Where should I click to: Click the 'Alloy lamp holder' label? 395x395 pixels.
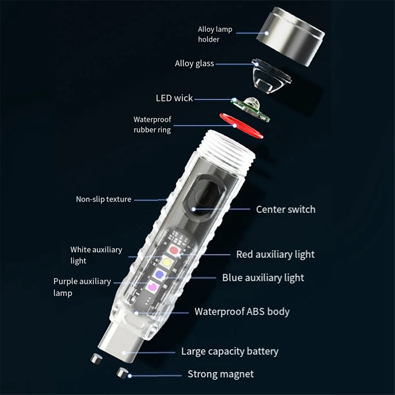point(215,34)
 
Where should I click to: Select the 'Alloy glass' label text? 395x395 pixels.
point(194,64)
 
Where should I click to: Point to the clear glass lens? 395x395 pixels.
point(269,79)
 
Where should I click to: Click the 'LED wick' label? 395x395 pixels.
point(174,98)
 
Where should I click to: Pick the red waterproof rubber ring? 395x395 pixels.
point(242,125)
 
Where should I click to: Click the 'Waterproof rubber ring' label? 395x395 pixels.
point(152,124)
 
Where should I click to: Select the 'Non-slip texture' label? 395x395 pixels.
point(103,199)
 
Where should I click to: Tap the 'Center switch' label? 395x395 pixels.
point(285,209)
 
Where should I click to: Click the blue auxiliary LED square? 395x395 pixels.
point(160,274)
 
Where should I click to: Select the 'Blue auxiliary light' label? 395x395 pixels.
point(263,278)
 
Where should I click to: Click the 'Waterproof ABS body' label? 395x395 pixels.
point(242,312)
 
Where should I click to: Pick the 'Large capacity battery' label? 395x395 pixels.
point(230,352)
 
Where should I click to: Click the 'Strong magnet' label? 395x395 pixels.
point(221,374)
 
